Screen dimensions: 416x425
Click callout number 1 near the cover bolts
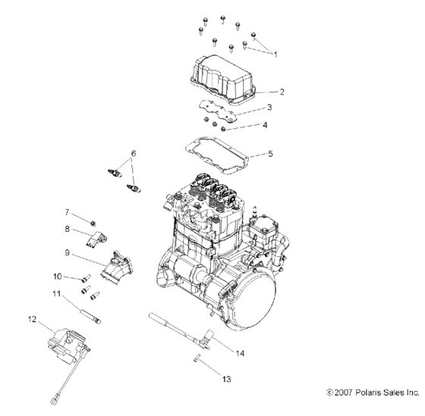(x=275, y=55)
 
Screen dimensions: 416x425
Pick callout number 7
(x=67, y=211)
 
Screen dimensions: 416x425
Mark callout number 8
(x=67, y=229)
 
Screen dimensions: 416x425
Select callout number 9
(x=67, y=252)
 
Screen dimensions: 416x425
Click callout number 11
(x=56, y=293)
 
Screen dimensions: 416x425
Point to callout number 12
(x=32, y=318)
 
